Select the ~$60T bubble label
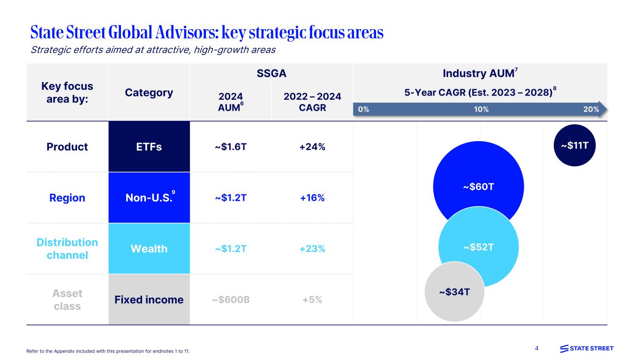click(x=478, y=187)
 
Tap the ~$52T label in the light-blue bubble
click(x=478, y=247)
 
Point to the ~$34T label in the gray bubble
click(x=454, y=292)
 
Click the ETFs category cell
click(x=149, y=147)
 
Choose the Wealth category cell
click(x=149, y=248)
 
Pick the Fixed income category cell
click(x=149, y=300)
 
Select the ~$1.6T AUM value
click(x=231, y=147)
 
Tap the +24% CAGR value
click(x=312, y=147)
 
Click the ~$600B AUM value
click(x=231, y=300)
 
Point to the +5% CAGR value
click(x=312, y=300)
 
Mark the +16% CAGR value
click(x=312, y=198)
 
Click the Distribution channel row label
click(x=67, y=248)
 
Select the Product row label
click(x=67, y=147)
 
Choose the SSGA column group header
click(x=272, y=74)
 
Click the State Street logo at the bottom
click(x=587, y=348)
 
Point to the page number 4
click(x=537, y=348)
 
